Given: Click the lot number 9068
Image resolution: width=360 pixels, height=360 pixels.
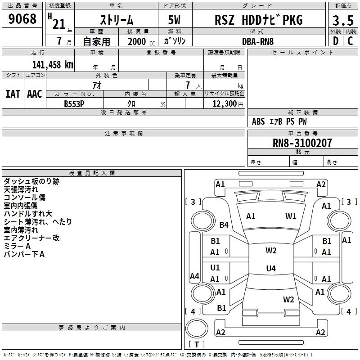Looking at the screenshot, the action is click(x=22, y=19).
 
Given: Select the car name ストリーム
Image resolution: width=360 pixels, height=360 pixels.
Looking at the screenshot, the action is click(x=116, y=20).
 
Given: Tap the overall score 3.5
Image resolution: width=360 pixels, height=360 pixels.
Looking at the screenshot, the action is click(x=342, y=21).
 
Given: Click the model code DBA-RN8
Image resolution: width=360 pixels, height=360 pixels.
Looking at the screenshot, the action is click(x=257, y=41).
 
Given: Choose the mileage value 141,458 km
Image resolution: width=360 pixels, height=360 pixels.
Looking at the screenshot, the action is click(x=53, y=64).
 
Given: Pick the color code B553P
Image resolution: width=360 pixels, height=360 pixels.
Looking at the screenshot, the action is click(x=74, y=103).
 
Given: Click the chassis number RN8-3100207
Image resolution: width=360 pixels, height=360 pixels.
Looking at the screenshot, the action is click(x=302, y=143).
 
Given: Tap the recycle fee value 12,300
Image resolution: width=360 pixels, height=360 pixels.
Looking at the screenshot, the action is click(x=224, y=103).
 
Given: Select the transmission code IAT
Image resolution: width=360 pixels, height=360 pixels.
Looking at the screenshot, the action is click(x=13, y=94).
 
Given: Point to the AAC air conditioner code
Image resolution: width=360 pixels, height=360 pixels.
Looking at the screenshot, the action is click(x=35, y=94).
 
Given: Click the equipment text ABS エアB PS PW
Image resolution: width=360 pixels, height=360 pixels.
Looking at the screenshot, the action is click(x=279, y=121).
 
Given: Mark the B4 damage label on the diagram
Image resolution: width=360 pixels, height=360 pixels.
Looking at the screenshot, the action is click(x=224, y=225).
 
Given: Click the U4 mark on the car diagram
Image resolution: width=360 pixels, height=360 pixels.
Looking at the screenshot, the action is click(x=270, y=269).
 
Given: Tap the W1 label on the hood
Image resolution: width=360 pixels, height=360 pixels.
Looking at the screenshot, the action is click(x=291, y=216).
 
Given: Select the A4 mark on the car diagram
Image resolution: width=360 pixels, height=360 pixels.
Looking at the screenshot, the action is click(x=194, y=276).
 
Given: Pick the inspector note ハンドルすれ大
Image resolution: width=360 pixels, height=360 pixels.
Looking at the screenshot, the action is click(x=28, y=213).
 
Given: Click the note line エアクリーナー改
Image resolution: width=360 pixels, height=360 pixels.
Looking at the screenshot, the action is click(x=31, y=238).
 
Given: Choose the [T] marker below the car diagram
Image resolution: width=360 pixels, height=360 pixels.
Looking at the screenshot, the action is click(x=197, y=345).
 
